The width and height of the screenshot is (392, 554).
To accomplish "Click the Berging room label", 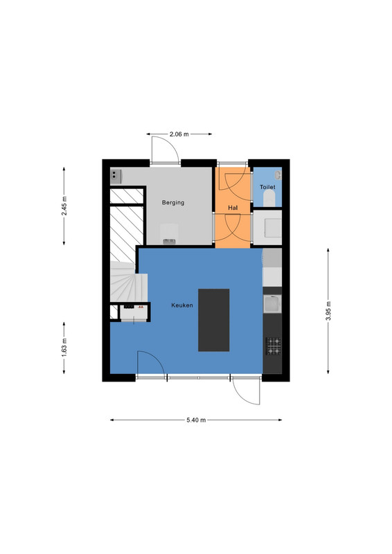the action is pyautogui.click(x=173, y=202).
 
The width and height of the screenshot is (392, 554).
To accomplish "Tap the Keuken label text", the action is pyautogui.click(x=182, y=305).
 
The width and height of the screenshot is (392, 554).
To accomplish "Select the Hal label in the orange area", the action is pyautogui.click(x=233, y=208).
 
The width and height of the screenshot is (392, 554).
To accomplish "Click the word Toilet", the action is pyautogui.click(x=267, y=187).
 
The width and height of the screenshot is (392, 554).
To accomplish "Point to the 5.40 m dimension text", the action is pyautogui.click(x=196, y=420).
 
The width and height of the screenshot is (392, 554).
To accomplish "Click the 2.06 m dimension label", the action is pyautogui.click(x=179, y=134).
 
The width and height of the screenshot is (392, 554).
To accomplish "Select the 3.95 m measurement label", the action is pyautogui.click(x=328, y=311).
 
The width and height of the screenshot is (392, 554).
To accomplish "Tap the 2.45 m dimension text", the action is pyautogui.click(x=64, y=206).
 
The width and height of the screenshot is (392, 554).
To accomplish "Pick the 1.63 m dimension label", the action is pyautogui.click(x=64, y=348).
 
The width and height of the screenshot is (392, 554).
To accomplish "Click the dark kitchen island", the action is pyautogui.click(x=213, y=320).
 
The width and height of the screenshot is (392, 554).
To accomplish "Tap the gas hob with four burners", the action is pyautogui.click(x=274, y=346).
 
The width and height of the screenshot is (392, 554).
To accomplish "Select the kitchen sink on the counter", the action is pyautogui.click(x=272, y=305).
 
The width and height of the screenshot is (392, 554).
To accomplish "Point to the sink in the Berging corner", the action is pyautogui.click(x=116, y=177).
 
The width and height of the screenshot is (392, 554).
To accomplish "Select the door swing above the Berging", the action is pyautogui.click(x=165, y=150).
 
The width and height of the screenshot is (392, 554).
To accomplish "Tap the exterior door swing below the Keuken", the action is pyautogui.click(x=247, y=391).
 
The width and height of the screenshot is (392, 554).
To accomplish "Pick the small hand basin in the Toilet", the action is pyautogui.click(x=278, y=175).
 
